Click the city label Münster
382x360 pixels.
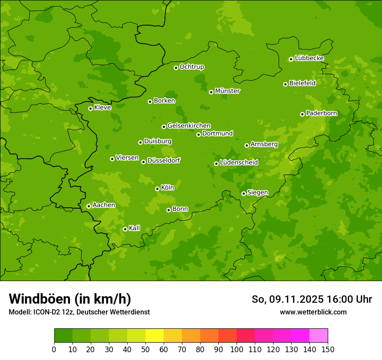(x=227, y=91)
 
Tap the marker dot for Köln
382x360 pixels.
(x=157, y=189)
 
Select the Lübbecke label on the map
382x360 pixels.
(x=309, y=58)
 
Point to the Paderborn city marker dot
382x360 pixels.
(x=302, y=114)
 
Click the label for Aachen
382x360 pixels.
(x=104, y=205)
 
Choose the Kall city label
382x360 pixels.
(x=135, y=228)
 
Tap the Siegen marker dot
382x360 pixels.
(x=244, y=193)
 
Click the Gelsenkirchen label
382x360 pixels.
(x=189, y=126)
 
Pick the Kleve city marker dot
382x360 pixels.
(x=90, y=108)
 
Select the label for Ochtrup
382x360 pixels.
(x=191, y=67)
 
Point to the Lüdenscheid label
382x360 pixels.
(x=239, y=163)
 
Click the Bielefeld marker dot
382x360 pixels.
(x=285, y=84)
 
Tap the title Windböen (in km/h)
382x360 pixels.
(x=70, y=299)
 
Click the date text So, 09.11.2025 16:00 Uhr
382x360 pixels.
(x=312, y=299)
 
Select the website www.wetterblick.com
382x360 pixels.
(x=313, y=312)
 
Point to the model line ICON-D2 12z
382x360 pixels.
(x=79, y=312)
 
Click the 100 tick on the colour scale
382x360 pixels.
(x=237, y=349)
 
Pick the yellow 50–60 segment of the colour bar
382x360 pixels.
(x=155, y=336)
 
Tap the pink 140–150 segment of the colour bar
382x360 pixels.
(x=319, y=336)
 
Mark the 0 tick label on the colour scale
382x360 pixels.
(x=54, y=349)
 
